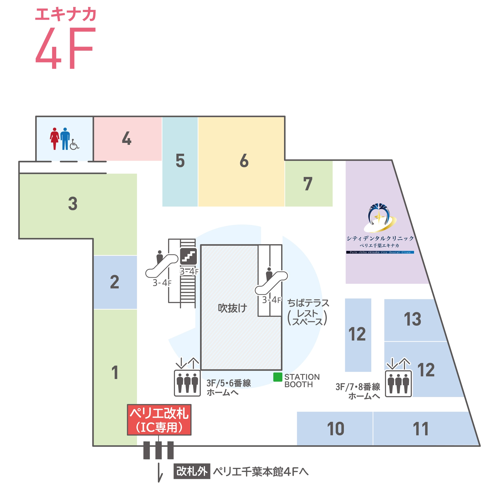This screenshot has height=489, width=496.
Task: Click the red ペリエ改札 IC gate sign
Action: click(x=159, y=420)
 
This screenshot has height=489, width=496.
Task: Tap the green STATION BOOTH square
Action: click(x=278, y=377)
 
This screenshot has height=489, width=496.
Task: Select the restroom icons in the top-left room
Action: click(x=64, y=139)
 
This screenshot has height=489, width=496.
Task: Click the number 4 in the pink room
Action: click(x=127, y=138)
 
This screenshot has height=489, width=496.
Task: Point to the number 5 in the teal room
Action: click(x=180, y=161)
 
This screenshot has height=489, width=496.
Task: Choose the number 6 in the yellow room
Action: click(x=244, y=161)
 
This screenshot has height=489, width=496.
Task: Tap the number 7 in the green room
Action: click(x=308, y=184)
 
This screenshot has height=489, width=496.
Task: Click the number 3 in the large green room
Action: click(x=73, y=203)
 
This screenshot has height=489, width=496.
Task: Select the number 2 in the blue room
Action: click(x=114, y=282)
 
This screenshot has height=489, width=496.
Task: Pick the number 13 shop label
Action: click(x=412, y=319)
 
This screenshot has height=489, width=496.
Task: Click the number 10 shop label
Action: click(x=335, y=429)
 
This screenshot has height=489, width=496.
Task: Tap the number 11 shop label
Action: click(x=421, y=429)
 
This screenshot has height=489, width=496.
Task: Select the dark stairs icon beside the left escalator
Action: click(x=188, y=256)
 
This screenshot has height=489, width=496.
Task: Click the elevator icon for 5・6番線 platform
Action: click(x=187, y=383)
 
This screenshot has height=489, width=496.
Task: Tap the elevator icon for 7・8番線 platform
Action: click(x=398, y=384)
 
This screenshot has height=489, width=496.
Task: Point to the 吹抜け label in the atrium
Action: click(x=232, y=308)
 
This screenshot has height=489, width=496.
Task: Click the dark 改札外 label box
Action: click(x=192, y=471)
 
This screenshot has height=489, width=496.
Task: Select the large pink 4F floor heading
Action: click(x=65, y=48)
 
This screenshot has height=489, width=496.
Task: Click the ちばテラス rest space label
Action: click(x=308, y=312)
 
